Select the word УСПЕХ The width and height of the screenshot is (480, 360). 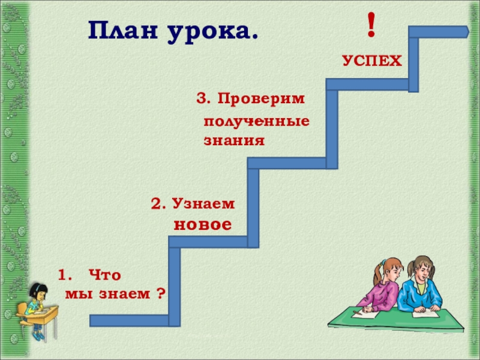click(372, 61)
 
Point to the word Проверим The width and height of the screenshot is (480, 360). click(261, 98)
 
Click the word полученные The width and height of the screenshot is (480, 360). click(257, 121)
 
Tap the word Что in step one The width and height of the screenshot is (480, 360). click(104, 275)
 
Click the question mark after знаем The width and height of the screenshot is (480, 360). click(160, 295)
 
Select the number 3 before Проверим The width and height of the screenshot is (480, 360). click(202, 98)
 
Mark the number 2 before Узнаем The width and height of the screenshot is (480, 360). click(157, 205)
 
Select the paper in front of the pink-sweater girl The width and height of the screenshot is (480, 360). click(366, 313)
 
